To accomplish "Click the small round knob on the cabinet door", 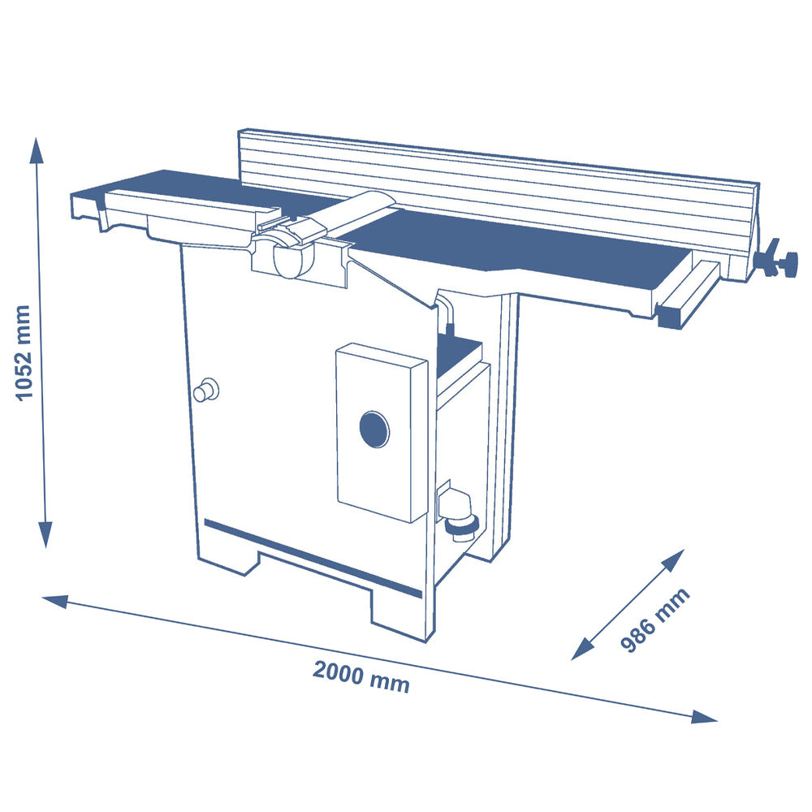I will pyautogui.click(x=205, y=389).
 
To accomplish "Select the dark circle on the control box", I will pyautogui.click(x=374, y=429).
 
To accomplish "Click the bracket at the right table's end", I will pyautogui.click(x=689, y=294).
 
